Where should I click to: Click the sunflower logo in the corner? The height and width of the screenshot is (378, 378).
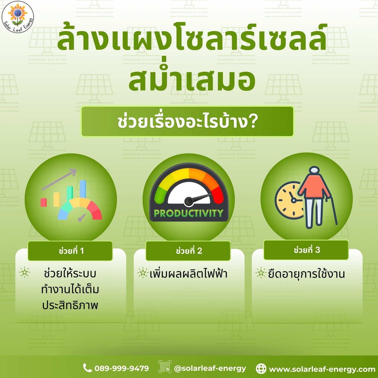click(18, 17)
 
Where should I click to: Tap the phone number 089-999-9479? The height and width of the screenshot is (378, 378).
click(122, 368)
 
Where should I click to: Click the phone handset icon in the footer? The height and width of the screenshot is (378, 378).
click(87, 368)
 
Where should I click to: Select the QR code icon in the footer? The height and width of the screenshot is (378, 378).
click(165, 366)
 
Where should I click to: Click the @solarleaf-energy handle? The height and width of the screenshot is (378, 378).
click(210, 368)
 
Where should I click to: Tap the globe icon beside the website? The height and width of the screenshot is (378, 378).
click(261, 369)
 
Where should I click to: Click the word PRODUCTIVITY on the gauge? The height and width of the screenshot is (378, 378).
click(189, 213)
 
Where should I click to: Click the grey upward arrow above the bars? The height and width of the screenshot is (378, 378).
click(59, 179)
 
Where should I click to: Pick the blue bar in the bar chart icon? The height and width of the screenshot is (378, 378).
click(83, 189)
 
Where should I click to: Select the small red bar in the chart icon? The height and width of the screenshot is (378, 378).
click(43, 203)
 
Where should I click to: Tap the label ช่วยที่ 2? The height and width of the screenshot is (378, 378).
click(189, 251)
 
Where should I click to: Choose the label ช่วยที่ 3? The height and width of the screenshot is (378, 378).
click(307, 250)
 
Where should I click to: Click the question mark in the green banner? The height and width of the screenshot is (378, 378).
click(252, 122)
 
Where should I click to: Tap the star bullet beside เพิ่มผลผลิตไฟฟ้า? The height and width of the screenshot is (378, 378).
click(143, 273)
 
